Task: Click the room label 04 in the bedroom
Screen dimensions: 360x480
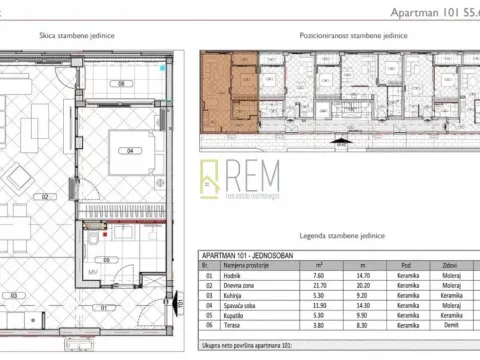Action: (x=129, y=151)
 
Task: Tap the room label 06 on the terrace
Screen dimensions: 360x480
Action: (x=120, y=83)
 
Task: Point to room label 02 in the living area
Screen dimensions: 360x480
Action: (x=44, y=198)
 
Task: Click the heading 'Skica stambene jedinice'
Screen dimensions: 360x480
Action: (x=76, y=34)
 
